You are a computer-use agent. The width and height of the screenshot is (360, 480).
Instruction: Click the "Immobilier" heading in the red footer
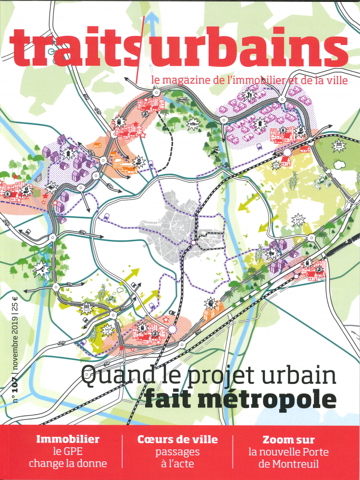68,439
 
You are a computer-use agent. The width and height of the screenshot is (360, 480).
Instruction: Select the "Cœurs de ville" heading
177,439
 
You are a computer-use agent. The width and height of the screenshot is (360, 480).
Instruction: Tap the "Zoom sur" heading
288,439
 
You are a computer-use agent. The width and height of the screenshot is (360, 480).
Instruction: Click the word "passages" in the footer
177,452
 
